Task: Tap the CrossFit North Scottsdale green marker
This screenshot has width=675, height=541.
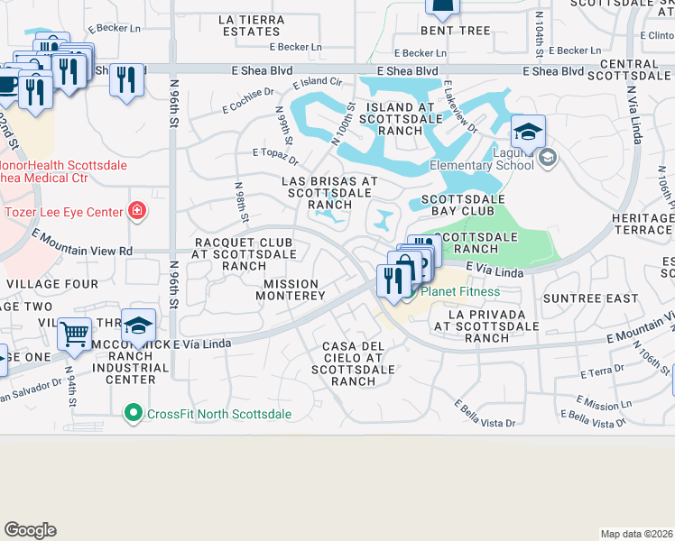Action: click(x=134, y=413)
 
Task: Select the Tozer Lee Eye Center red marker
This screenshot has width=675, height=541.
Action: click(x=136, y=212)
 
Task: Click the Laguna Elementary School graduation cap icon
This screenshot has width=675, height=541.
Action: click(x=528, y=133)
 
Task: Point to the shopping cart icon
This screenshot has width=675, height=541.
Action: click(x=75, y=335)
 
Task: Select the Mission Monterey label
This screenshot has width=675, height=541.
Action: click(x=294, y=289)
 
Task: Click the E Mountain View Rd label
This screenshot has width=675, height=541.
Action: click(x=82, y=243)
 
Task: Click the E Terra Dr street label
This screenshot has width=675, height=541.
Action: click(x=603, y=371)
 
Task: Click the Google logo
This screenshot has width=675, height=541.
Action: click(x=30, y=530)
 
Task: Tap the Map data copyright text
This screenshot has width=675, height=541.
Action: click(x=636, y=534)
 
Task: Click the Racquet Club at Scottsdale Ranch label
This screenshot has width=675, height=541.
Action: click(x=244, y=254)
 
